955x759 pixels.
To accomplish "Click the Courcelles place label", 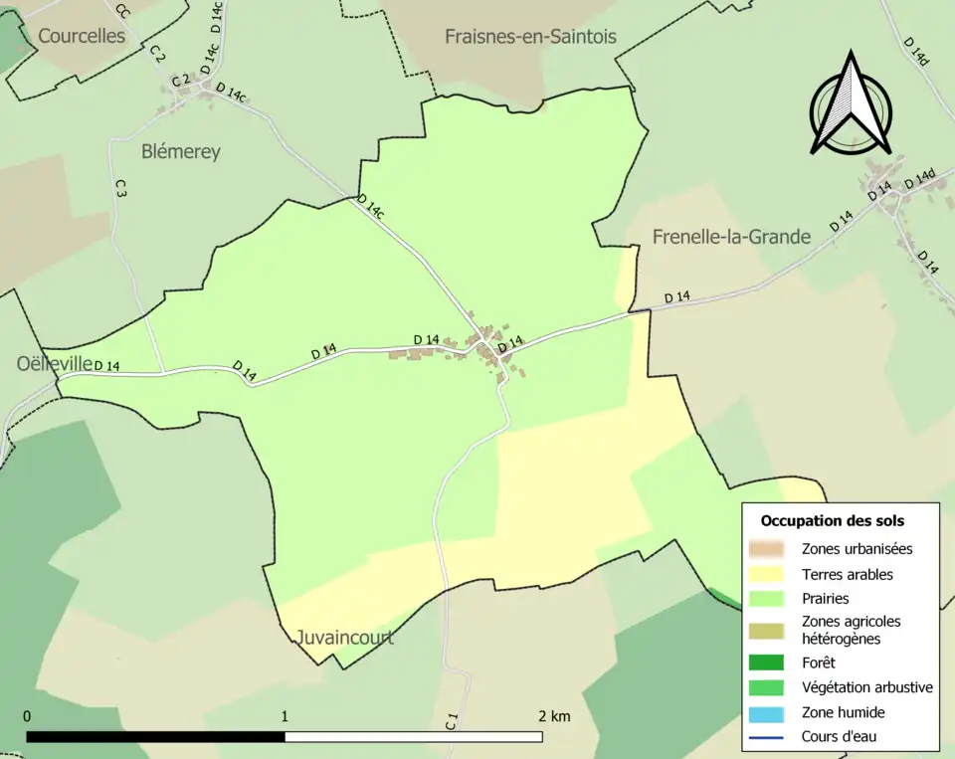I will (82, 36).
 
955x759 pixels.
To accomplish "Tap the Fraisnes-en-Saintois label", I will (530, 36).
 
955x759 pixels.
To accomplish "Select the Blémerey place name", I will (180, 152).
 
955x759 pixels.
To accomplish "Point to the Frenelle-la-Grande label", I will (731, 237).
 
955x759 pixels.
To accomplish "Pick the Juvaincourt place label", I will (344, 638).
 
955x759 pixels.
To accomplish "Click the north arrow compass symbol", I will (851, 104).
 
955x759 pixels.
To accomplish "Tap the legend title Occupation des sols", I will (832, 520).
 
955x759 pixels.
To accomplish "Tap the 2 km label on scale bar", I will (554, 716).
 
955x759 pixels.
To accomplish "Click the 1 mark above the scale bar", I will (285, 716).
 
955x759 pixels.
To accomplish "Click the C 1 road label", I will (451, 722).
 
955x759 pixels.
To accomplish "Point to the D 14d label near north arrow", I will (916, 52).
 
